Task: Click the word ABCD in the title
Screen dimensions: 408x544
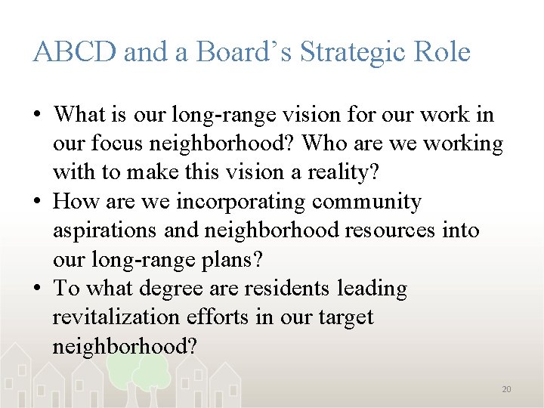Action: click(x=74, y=52)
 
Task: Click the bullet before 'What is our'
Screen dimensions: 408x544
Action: click(x=37, y=116)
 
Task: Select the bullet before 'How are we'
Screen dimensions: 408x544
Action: click(x=37, y=202)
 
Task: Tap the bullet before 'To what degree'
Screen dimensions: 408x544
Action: click(x=37, y=289)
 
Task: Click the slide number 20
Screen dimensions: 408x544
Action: click(x=506, y=389)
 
